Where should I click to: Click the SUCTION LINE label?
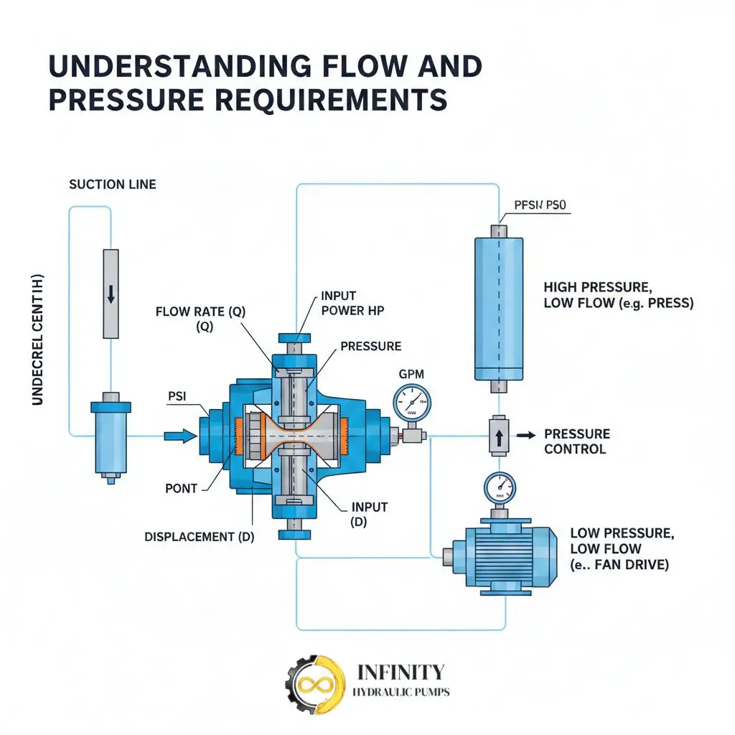(x=112, y=184)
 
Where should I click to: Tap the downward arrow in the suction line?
(x=111, y=294)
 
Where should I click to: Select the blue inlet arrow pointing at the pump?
(x=179, y=435)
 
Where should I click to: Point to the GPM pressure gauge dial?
(x=412, y=403)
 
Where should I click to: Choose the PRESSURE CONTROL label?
(x=576, y=441)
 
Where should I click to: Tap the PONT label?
(x=181, y=488)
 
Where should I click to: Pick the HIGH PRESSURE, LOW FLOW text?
(x=618, y=295)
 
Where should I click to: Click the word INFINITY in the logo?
(x=401, y=672)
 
